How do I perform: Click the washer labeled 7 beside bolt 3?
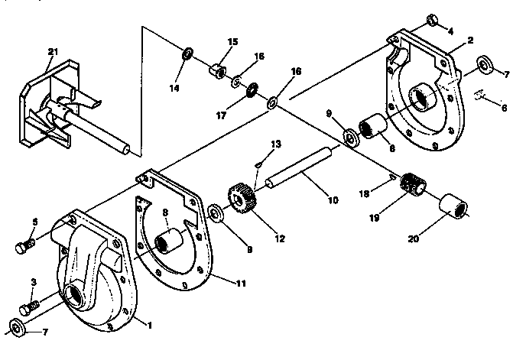click(x=19, y=329)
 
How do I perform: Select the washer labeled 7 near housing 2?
click(x=485, y=63)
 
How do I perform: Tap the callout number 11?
click(x=241, y=284)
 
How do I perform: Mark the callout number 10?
click(x=333, y=200)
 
